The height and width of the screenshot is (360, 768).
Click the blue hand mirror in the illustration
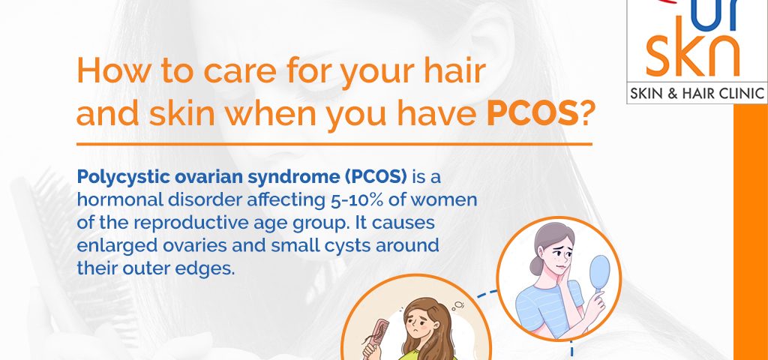(x=599, y=274)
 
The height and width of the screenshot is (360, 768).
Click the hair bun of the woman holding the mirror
(x=536, y=265)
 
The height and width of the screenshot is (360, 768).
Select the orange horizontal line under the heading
(x=334, y=145)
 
